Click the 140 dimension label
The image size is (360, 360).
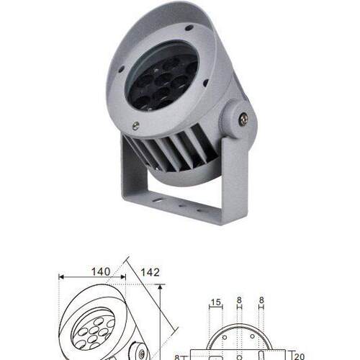[101, 271]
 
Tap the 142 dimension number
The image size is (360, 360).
[150, 272]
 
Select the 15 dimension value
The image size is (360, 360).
[215, 302]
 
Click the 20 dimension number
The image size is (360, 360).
[299, 356]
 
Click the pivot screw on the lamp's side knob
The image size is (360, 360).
[243, 120]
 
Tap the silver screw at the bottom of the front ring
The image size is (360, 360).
[135, 126]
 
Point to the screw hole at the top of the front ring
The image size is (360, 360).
[189, 28]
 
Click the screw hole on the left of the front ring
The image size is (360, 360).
[121, 69]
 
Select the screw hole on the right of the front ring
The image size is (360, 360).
[205, 83]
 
